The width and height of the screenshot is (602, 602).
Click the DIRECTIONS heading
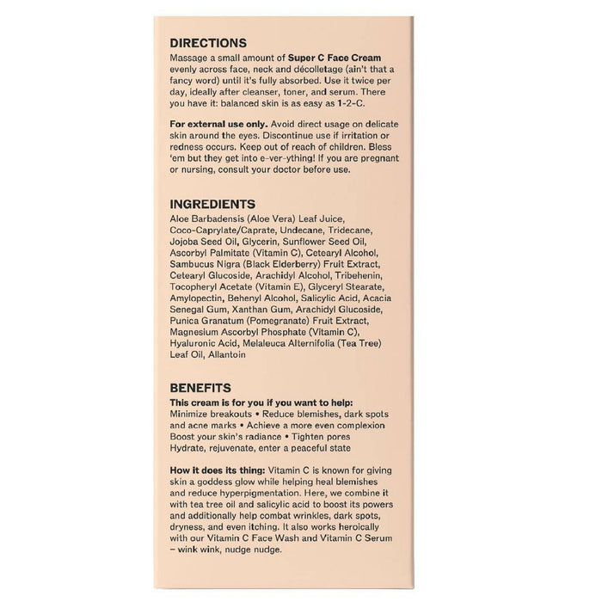(x=209, y=42)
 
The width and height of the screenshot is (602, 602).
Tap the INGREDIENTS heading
(x=213, y=205)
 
